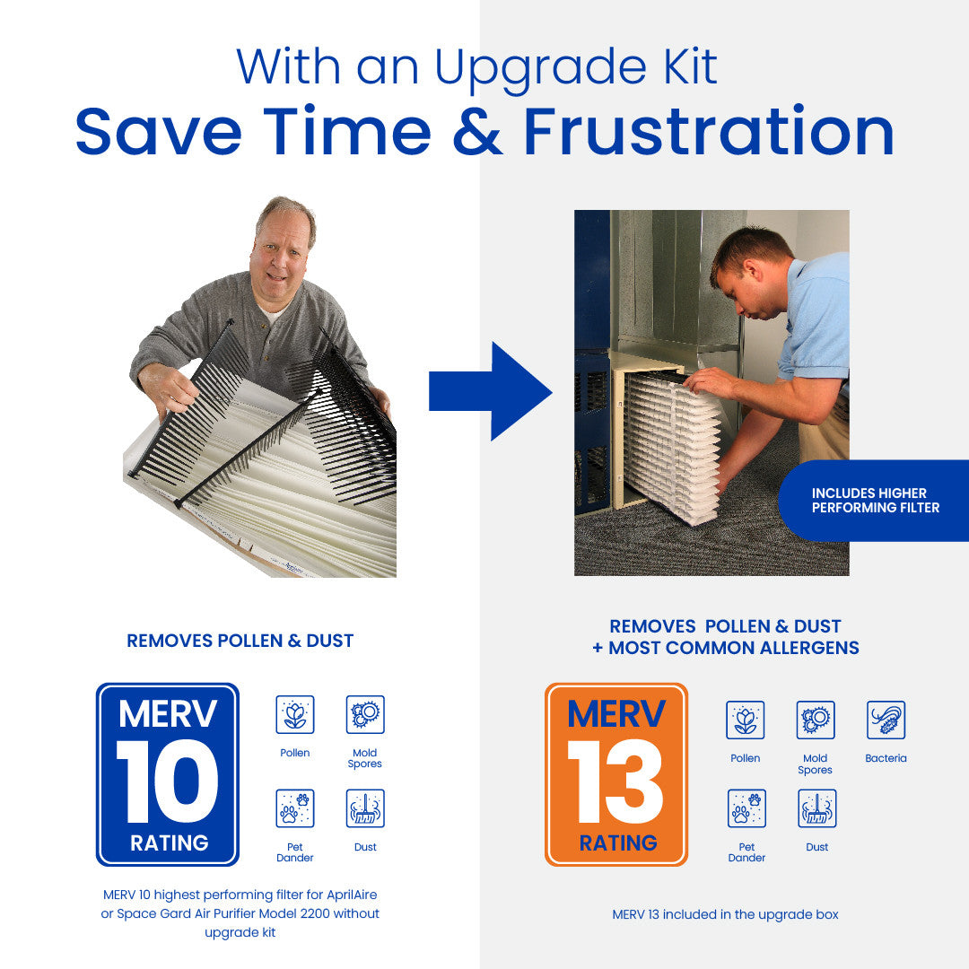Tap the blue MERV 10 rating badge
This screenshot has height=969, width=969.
pyautogui.click(x=168, y=774)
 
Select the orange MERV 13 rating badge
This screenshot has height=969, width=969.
pyautogui.click(x=616, y=774)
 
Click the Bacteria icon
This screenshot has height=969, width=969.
pyautogui.click(x=886, y=720)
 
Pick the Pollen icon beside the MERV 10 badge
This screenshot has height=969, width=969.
pyautogui.click(x=294, y=714)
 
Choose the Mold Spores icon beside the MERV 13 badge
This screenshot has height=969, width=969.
pyautogui.click(x=815, y=720)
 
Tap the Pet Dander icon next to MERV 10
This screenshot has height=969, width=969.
pyautogui.click(x=294, y=808)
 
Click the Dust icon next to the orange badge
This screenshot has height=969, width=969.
pyautogui.click(x=816, y=808)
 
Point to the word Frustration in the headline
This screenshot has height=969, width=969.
pyautogui.click(x=709, y=132)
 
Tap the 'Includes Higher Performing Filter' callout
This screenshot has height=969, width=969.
pyautogui.click(x=875, y=501)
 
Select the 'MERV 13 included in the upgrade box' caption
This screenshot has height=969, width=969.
pyautogui.click(x=725, y=914)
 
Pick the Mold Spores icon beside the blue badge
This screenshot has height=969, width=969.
pyautogui.click(x=365, y=714)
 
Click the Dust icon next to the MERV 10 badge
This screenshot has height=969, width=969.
pyautogui.click(x=365, y=808)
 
